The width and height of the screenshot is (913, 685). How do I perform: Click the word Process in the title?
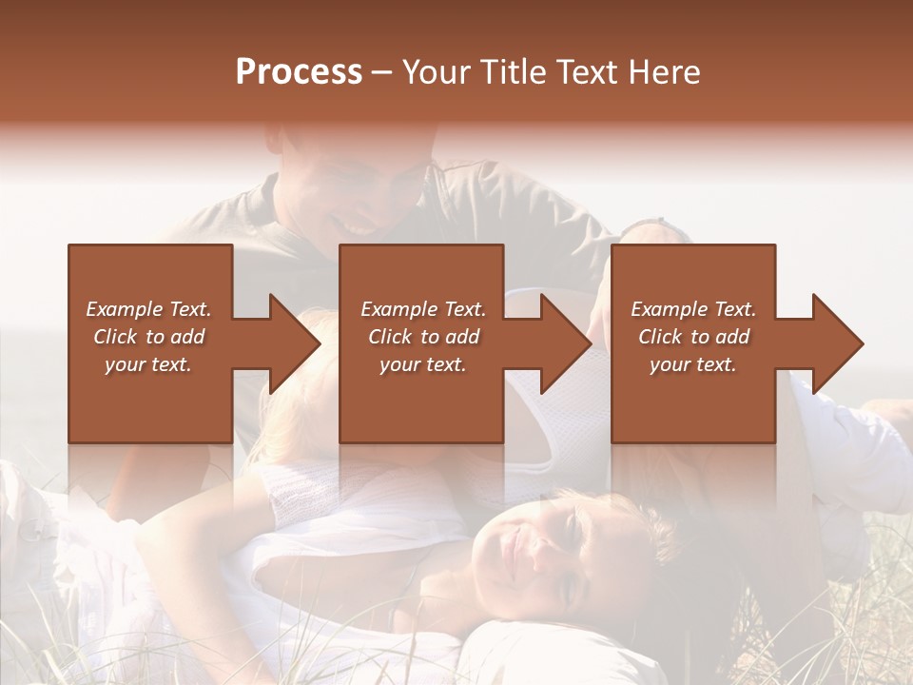click(299, 72)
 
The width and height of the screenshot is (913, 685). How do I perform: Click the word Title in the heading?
click(511, 72)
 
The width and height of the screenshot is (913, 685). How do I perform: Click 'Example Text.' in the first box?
click(148, 309)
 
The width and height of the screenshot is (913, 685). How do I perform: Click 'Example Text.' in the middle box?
click(423, 309)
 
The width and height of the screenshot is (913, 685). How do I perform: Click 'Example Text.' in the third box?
click(693, 309)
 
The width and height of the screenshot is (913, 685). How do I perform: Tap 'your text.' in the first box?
click(148, 364)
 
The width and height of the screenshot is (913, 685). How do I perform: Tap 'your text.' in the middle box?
click(423, 364)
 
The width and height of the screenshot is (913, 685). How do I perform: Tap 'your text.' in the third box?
click(693, 364)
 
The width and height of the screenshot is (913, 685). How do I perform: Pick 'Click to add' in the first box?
click(148, 337)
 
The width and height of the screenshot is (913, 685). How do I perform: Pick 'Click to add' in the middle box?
click(423, 337)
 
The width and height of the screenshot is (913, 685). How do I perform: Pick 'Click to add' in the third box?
click(693, 337)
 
